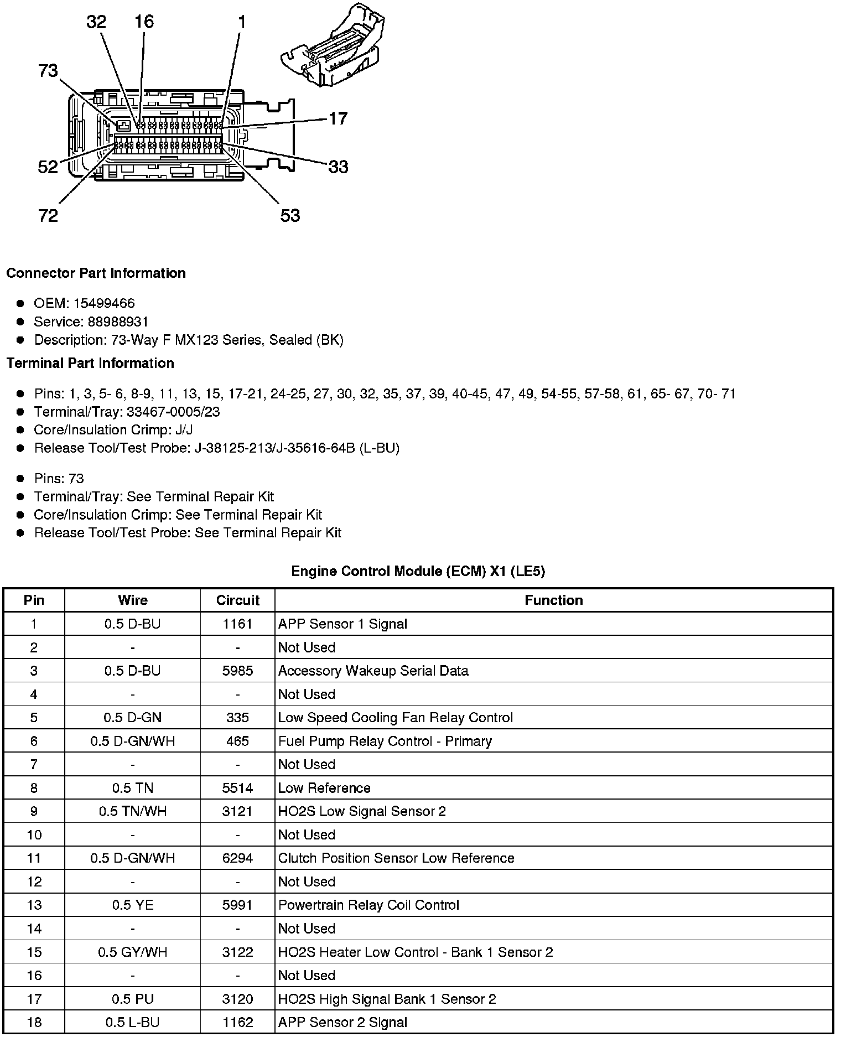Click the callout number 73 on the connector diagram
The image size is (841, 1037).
pos(48,71)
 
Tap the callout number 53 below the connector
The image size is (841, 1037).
pos(290,215)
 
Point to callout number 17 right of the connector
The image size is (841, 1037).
pos(338,118)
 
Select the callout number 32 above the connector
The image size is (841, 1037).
pos(96,22)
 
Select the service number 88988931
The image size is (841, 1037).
pos(118,322)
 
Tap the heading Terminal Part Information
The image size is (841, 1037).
pos(90,363)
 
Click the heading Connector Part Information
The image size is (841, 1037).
pos(96,273)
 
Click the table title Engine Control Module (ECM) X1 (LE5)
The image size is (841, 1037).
pos(418,571)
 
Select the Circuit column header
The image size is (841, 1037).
pos(237,600)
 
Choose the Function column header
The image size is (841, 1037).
pos(553,600)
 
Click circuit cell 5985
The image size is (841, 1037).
pos(237,671)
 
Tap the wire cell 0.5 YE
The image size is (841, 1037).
pos(133,905)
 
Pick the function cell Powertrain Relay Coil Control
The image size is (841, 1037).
pos(368,905)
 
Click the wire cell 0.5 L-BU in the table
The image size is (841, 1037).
pos(133,1022)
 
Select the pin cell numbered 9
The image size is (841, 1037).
pos(34,811)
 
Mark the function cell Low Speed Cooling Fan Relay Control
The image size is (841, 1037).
pos(395,718)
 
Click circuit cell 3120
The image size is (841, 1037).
pos(237,999)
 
